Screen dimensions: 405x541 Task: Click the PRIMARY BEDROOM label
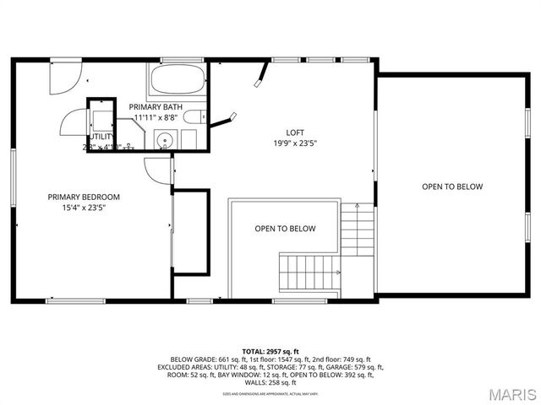pyautogui.click(x=84, y=197)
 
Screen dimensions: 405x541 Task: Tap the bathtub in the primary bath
pyautogui.click(x=178, y=82)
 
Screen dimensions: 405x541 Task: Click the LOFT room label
pyautogui.click(x=295, y=132)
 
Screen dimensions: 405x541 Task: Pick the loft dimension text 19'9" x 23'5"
pyautogui.click(x=295, y=143)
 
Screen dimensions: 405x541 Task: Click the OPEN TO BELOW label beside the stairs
pyautogui.click(x=285, y=229)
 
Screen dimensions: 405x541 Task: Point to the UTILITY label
pyautogui.click(x=101, y=136)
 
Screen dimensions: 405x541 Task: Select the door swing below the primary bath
pyautogui.click(x=157, y=168)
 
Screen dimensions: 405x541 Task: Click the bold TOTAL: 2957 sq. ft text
pyautogui.click(x=270, y=350)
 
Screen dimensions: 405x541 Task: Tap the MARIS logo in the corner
pyautogui.click(x=511, y=394)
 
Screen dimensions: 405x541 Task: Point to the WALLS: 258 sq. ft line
pyautogui.click(x=270, y=383)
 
